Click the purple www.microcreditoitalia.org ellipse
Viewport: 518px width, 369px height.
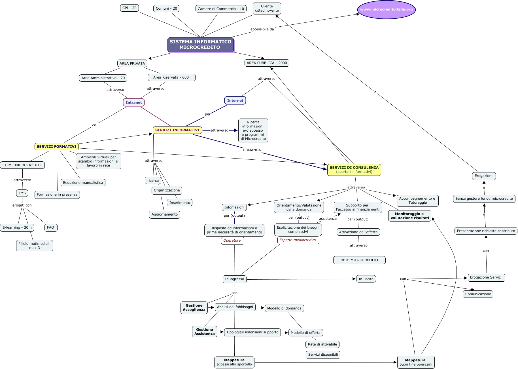[x=386, y=9]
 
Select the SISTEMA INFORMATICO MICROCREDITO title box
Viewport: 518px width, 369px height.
[x=200, y=45]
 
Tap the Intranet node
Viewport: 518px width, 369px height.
[x=134, y=102]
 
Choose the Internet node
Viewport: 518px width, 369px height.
[x=235, y=100]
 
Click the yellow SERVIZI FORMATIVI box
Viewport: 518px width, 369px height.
[x=57, y=146]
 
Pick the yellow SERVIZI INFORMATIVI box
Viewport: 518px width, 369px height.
[x=177, y=130]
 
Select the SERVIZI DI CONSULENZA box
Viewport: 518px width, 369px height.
[x=354, y=170]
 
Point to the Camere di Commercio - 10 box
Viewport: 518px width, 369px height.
[x=221, y=9]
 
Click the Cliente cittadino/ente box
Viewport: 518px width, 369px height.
[x=267, y=8]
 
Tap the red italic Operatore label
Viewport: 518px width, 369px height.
[x=232, y=241]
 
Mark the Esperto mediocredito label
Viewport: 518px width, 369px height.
[x=298, y=240]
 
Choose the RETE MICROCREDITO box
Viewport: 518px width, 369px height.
[x=359, y=260]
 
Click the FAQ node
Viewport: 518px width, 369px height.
[x=51, y=227]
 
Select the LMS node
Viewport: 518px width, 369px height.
[x=22, y=193]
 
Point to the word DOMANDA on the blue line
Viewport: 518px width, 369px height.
[x=252, y=150]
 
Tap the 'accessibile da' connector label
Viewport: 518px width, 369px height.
[x=262, y=29]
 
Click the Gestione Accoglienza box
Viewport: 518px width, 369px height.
[x=194, y=307]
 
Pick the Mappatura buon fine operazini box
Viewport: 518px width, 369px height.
[x=416, y=362]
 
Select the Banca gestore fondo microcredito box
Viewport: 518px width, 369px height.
[x=484, y=199]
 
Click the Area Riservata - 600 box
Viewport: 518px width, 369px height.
[x=171, y=77]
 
